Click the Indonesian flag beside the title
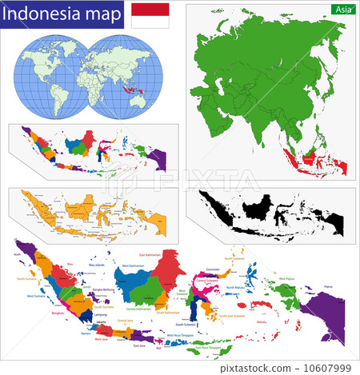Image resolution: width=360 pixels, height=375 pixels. [x=150, y=15]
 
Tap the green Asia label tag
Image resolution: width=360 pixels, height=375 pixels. [x=342, y=9]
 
